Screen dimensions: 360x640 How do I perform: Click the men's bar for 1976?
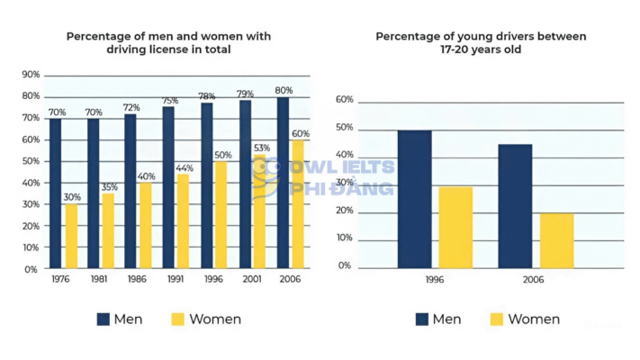click(x=56, y=193)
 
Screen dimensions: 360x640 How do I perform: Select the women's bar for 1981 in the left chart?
click(x=108, y=231)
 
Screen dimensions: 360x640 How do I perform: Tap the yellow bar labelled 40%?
click(x=146, y=226)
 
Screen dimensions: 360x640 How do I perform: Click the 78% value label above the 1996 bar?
click(x=207, y=95)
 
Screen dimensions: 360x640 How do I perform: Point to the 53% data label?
click(x=261, y=148)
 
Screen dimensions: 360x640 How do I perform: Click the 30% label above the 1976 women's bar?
click(x=71, y=197)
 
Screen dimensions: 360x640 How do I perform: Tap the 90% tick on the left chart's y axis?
click(x=30, y=75)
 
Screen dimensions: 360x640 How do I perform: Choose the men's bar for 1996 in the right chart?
click(x=414, y=199)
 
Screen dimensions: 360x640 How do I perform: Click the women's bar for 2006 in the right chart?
click(x=556, y=240)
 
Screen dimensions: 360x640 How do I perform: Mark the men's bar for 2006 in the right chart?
click(x=515, y=206)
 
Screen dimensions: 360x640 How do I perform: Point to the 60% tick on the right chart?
click(x=344, y=101)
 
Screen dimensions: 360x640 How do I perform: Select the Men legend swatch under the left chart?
click(x=104, y=319)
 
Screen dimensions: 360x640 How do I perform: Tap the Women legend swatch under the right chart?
click(x=496, y=319)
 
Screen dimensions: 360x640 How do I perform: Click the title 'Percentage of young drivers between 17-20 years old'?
click(x=480, y=43)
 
